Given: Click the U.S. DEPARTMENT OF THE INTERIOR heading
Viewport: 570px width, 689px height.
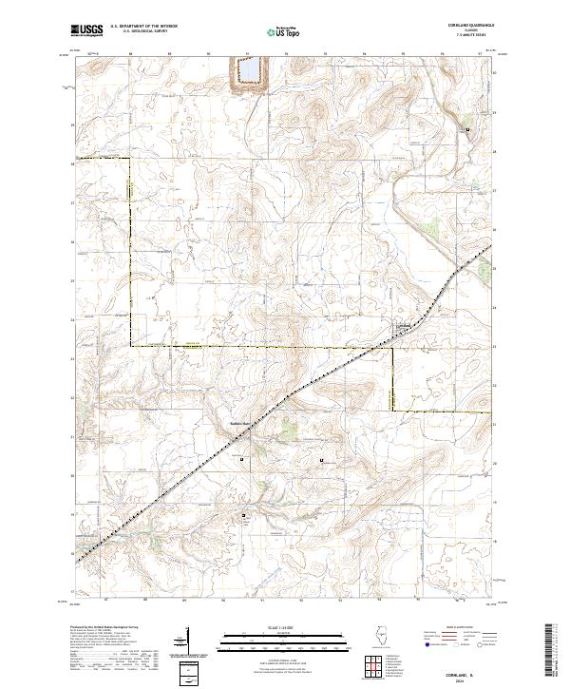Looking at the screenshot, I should (148, 27).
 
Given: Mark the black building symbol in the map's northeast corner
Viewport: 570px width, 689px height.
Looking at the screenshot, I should (466, 130).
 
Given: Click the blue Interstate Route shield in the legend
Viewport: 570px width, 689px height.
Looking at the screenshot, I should (428, 643).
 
